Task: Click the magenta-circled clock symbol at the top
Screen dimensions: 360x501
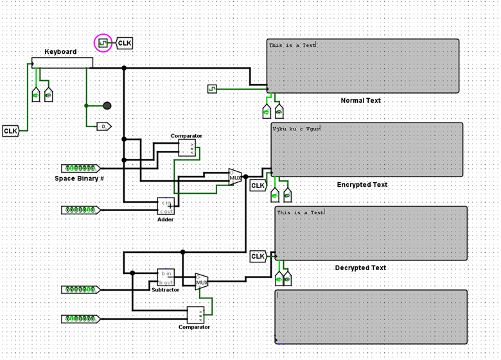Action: coord(103,43)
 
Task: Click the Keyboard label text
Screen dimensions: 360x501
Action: coord(60,52)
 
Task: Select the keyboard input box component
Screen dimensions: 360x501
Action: coord(62,62)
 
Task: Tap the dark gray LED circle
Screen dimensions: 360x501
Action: coord(107,105)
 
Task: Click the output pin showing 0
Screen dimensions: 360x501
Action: coord(104,126)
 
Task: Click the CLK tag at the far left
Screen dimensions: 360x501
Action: coord(11,131)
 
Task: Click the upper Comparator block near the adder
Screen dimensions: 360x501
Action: coord(186,148)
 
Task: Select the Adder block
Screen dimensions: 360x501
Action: coord(166,205)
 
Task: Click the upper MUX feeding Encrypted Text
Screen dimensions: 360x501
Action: coord(235,177)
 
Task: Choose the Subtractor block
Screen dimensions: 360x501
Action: coord(166,277)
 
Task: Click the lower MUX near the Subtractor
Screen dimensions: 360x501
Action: coord(202,281)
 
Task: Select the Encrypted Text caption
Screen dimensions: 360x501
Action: coord(362,185)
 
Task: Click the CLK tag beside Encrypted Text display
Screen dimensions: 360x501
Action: coord(258,186)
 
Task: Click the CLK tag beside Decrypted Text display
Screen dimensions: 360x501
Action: coord(258,257)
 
